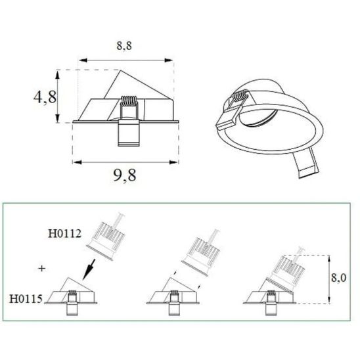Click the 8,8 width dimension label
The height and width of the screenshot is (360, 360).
click(124, 45)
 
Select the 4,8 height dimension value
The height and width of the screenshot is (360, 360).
click(45, 97)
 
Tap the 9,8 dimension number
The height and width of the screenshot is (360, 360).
click(125, 175)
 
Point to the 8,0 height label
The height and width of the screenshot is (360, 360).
click(338, 278)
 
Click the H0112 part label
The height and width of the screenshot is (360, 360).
click(65, 234)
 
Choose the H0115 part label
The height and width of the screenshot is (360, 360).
click(26, 299)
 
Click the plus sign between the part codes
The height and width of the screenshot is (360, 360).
click(41, 268)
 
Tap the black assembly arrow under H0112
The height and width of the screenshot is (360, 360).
click(89, 269)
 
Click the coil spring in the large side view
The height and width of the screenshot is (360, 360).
click(129, 101)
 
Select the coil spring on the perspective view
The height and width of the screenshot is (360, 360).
click(240, 96)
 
